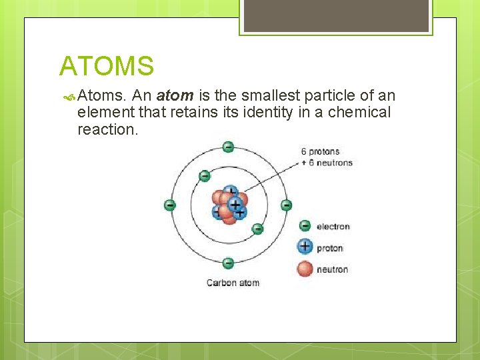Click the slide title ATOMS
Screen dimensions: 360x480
pyautogui.click(x=107, y=66)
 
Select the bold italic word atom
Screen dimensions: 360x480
pyautogui.click(x=175, y=95)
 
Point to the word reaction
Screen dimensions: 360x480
pyautogui.click(x=107, y=129)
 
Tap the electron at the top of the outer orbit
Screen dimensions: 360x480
pyautogui.click(x=228, y=147)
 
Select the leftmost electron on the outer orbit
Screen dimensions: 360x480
pyautogui.click(x=170, y=205)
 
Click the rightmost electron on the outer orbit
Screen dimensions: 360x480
pyautogui.click(x=286, y=205)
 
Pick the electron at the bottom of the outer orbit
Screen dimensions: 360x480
pyautogui.click(x=228, y=263)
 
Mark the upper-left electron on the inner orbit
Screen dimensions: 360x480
pyautogui.click(x=205, y=176)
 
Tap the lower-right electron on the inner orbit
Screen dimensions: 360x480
pyautogui.click(x=257, y=229)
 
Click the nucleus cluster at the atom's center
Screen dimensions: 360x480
pyautogui.click(x=229, y=203)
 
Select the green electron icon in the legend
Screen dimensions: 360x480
pyautogui.click(x=305, y=226)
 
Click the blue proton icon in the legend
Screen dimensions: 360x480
pyautogui.click(x=305, y=247)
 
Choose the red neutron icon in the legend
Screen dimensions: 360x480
pyautogui.click(x=305, y=269)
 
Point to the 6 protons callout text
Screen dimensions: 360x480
pyautogui.click(x=320, y=151)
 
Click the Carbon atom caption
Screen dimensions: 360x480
pyautogui.click(x=233, y=283)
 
